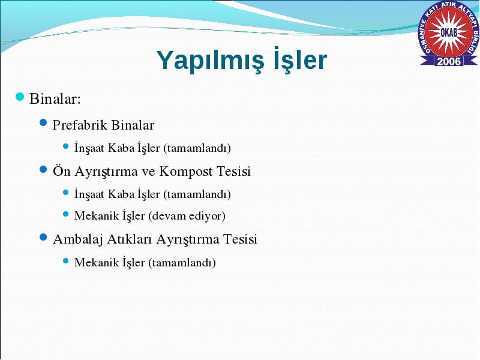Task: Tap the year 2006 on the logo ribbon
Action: coord(449,61)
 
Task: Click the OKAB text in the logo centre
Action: coord(449,32)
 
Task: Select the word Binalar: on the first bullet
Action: coord(55,99)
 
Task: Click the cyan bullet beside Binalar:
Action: coord(20,97)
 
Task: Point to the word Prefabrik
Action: coord(80,125)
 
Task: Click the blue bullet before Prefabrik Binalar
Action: coord(43,123)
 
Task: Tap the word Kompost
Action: coord(185,172)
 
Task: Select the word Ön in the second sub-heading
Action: coord(62,171)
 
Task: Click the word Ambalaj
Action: coord(78,239)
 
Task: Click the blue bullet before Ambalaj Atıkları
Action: coord(43,237)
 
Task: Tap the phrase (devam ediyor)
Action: coord(187,216)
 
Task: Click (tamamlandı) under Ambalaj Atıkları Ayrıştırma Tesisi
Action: coord(182,263)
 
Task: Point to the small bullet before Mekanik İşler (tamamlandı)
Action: coord(66,261)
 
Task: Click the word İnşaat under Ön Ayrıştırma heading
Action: coord(89,194)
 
